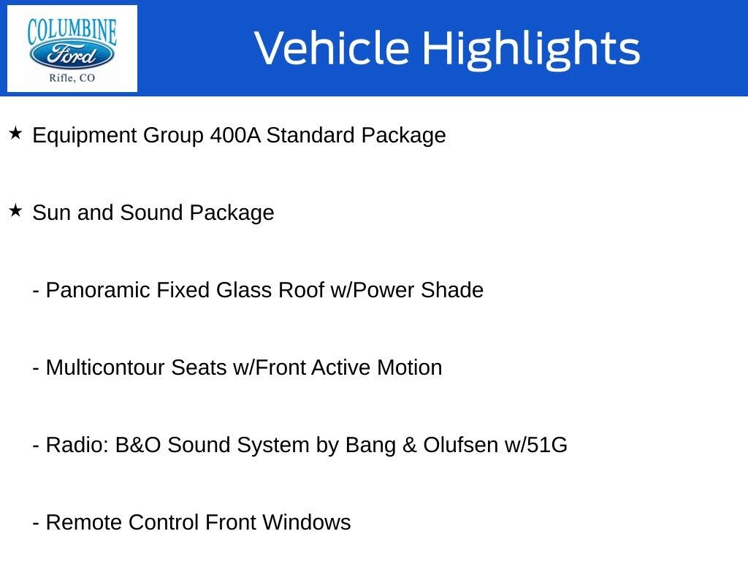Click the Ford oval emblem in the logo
tap(72, 55)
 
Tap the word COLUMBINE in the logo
tap(72, 31)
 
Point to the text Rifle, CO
tap(72, 78)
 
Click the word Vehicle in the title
tap(332, 48)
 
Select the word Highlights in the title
tap(530, 48)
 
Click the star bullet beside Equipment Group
tap(15, 134)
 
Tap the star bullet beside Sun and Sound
tap(15, 211)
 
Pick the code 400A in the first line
tap(234, 136)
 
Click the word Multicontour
tap(106, 368)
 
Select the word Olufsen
tap(460, 446)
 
